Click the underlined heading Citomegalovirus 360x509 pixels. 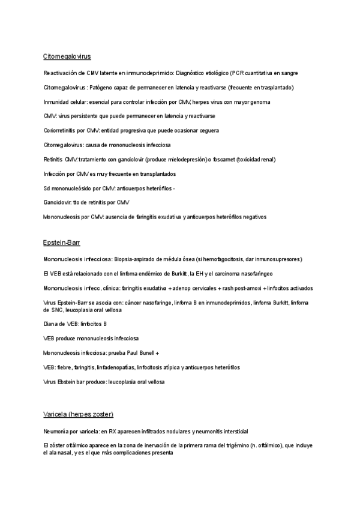point(67,56)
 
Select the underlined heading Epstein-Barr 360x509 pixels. point(62,242)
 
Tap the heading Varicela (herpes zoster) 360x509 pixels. point(78,415)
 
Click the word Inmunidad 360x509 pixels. point(56,102)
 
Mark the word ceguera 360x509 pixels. point(206,130)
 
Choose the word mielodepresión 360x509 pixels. point(185,159)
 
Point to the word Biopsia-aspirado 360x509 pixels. point(136,259)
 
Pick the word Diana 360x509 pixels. point(50,324)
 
